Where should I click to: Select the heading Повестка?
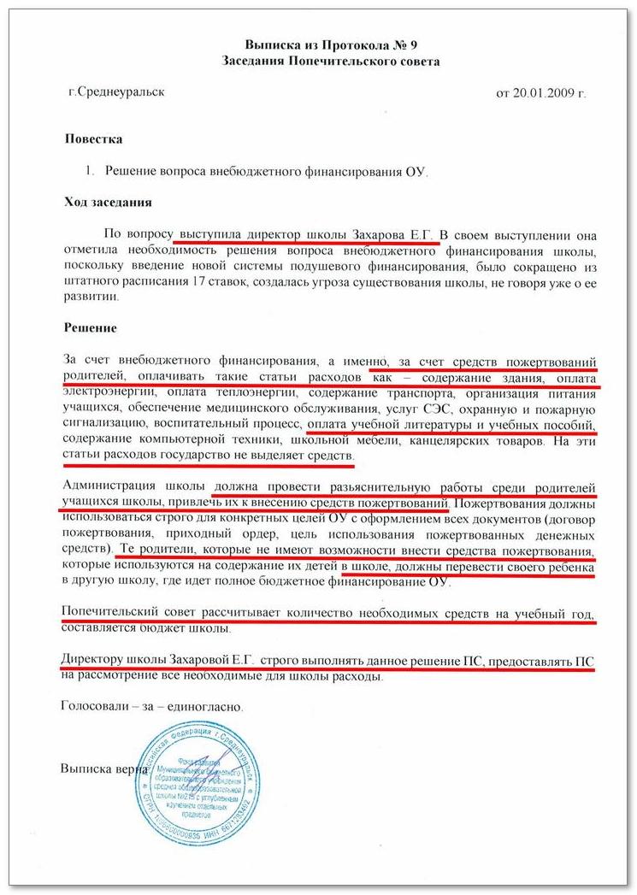click(x=93, y=138)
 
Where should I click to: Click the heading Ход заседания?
click(x=109, y=202)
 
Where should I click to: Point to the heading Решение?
click(x=91, y=327)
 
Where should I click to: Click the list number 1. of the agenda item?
click(x=91, y=170)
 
